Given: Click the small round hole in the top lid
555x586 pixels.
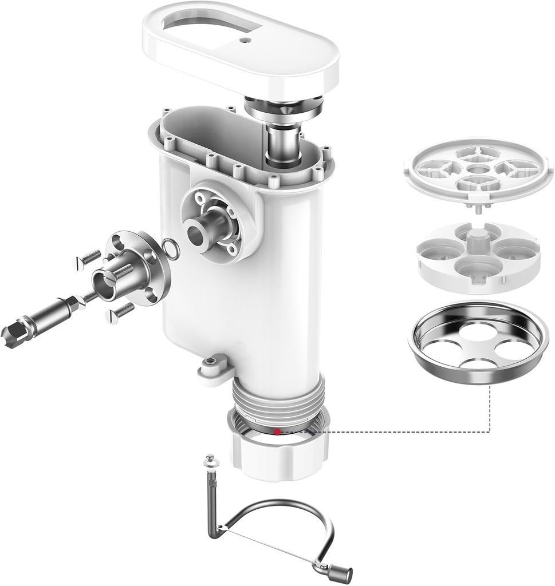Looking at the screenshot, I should [x=246, y=41].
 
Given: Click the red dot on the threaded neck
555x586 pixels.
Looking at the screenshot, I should [x=277, y=432].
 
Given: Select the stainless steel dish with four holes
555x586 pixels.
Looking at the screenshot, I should [x=479, y=343].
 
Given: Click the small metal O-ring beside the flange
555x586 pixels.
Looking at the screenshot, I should [x=170, y=249].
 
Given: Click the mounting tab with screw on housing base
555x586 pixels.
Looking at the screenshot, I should [x=213, y=366].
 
